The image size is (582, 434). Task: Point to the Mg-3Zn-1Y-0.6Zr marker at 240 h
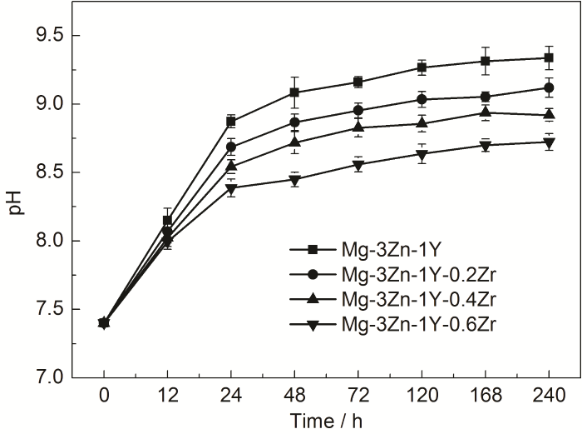549,142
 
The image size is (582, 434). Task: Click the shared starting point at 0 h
104,322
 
